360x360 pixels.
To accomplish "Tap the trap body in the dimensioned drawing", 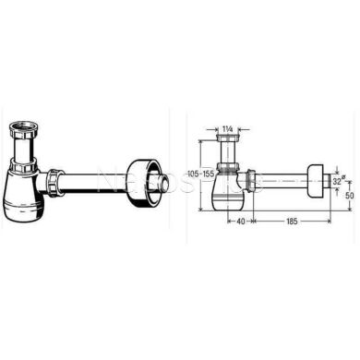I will (x=233, y=185).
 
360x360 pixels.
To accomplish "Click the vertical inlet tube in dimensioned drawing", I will (x=233, y=154).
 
